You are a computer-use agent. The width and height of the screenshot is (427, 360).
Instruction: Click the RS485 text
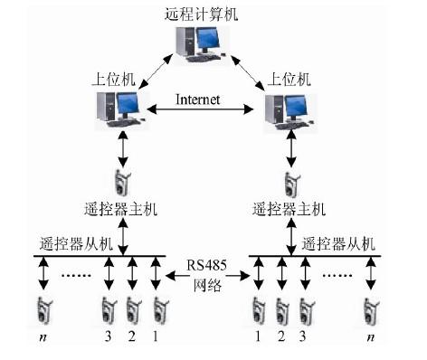tap(207, 265)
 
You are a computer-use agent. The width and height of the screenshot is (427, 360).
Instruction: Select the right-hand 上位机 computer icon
tap(287, 109)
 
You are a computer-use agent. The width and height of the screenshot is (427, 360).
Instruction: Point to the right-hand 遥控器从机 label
tap(335, 242)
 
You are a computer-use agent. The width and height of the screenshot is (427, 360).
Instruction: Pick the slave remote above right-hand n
tap(369, 310)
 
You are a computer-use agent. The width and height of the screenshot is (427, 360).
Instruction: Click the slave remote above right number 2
tap(280, 310)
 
